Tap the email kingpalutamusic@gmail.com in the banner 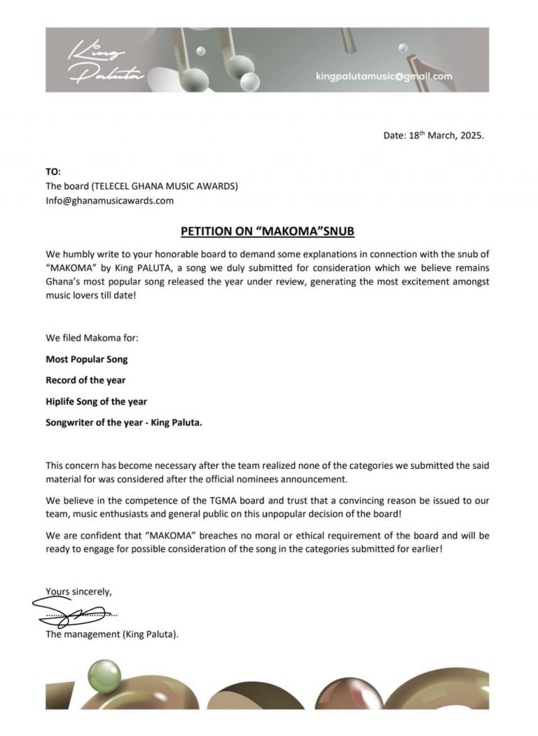(384, 76)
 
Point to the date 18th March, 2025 (434, 136)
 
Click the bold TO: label (53, 172)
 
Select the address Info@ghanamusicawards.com (109, 200)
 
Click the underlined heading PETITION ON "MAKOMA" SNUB (268, 230)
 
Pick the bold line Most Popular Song (87, 359)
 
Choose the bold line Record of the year (85, 380)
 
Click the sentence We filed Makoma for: (92, 338)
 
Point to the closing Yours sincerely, (78, 592)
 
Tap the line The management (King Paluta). (112, 635)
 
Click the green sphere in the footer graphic (104, 678)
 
